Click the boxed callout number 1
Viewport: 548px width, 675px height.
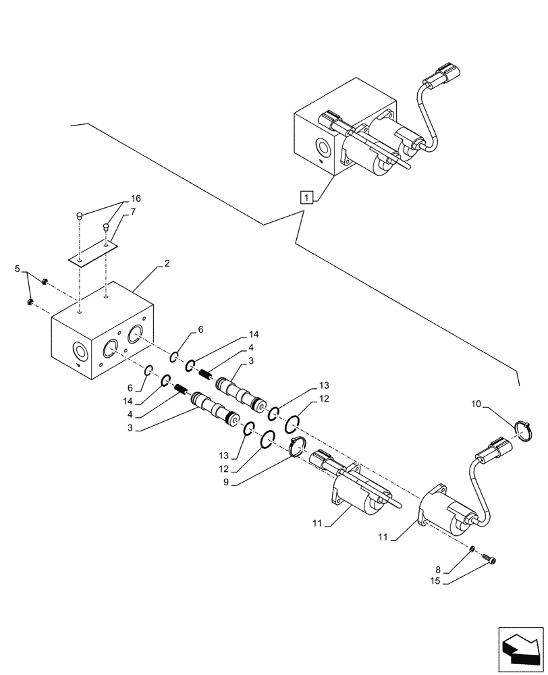pyautogui.click(x=307, y=198)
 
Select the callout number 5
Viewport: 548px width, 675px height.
pyautogui.click(x=18, y=269)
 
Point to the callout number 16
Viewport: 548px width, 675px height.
pyautogui.click(x=136, y=199)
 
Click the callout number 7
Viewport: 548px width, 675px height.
pyautogui.click(x=133, y=212)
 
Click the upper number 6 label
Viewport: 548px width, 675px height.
pyautogui.click(x=199, y=329)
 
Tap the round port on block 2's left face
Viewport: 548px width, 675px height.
pyautogui.click(x=80, y=352)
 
